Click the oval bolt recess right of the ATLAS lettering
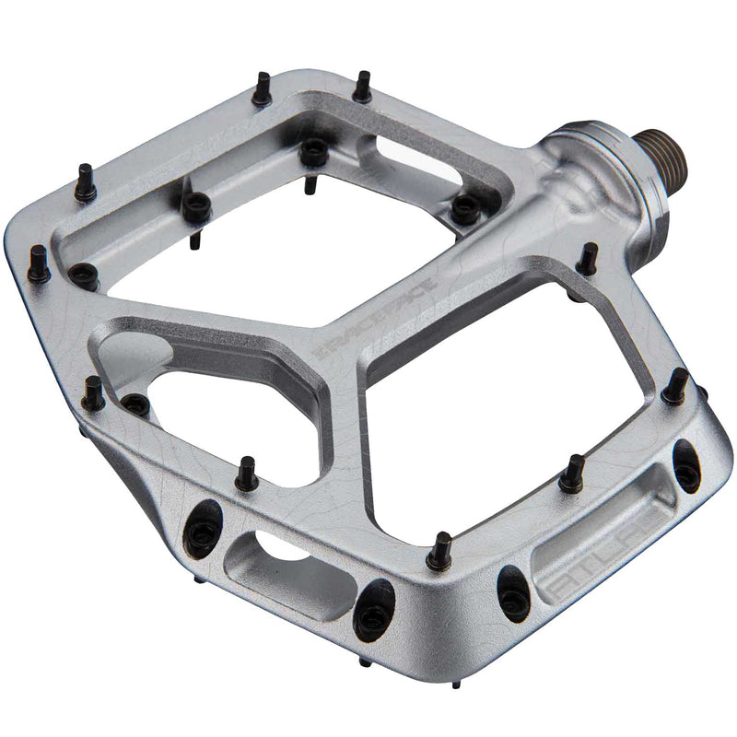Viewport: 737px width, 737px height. (x=685, y=465)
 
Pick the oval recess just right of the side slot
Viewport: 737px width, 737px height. (x=374, y=609)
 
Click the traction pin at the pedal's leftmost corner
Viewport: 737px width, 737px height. (x=39, y=264)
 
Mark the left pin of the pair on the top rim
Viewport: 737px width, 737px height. (x=263, y=88)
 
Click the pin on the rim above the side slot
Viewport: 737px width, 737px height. (x=245, y=474)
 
